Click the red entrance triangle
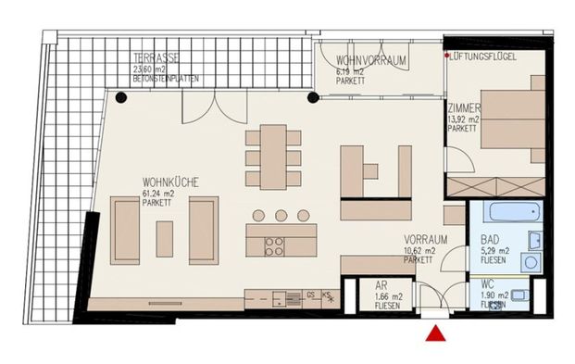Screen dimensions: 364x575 (434, 334)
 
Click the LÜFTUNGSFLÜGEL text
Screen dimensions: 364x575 (484, 57)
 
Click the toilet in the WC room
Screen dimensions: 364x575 (519, 295)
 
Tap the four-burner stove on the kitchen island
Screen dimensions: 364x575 (275, 246)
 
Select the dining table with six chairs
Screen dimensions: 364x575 (273, 157)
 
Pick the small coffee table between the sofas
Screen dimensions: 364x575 (164, 239)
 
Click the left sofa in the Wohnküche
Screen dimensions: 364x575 (125, 230)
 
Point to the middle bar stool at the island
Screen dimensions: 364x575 (281, 216)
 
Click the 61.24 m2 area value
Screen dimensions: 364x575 (159, 194)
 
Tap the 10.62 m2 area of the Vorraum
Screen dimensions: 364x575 (419, 249)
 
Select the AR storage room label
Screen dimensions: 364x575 (381, 287)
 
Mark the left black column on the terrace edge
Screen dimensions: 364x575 (120, 96)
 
